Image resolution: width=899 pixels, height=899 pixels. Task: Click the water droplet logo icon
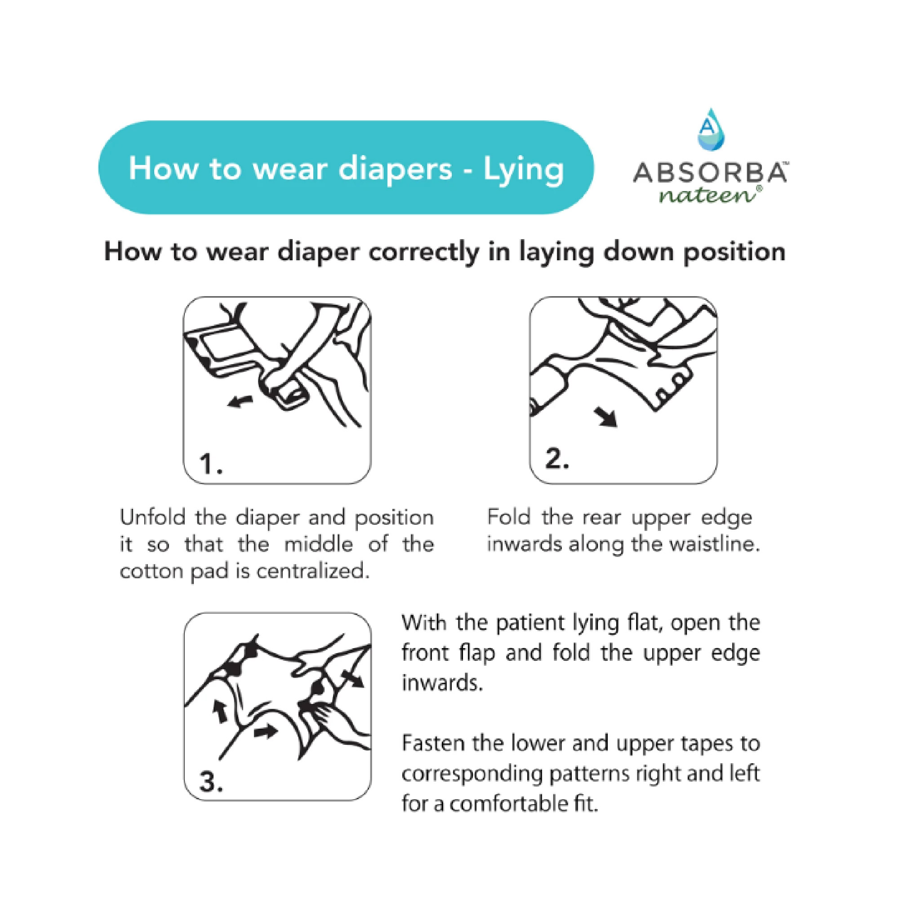711,130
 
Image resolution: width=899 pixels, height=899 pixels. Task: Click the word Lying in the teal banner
524,169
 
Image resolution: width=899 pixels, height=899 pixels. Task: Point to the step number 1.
210,464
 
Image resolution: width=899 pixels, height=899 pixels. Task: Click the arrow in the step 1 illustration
240,401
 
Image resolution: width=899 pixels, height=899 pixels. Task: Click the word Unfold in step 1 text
153,517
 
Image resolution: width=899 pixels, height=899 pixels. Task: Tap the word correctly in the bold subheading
423,252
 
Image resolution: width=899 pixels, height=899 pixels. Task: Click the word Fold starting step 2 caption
508,517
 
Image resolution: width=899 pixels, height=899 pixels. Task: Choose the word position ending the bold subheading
734,252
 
